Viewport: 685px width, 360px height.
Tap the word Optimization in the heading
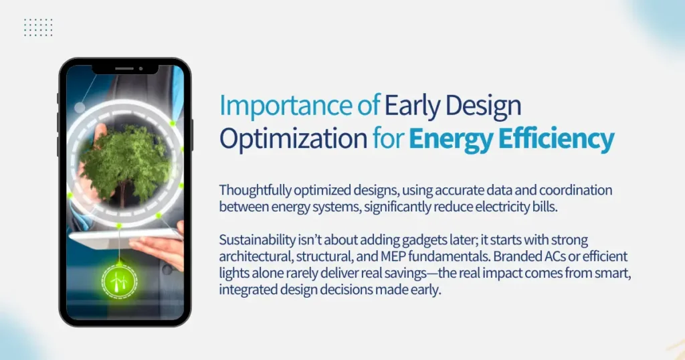click(x=293, y=139)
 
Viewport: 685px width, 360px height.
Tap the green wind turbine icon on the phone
click(x=118, y=282)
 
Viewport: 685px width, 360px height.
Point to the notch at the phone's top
click(x=125, y=68)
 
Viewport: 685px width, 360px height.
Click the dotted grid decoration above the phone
click(x=38, y=27)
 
